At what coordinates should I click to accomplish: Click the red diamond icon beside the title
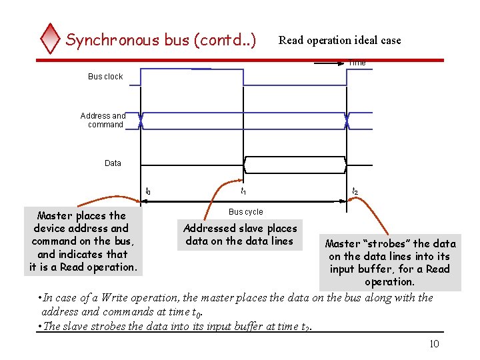click(50, 39)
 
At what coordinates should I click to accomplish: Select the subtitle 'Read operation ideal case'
click(339, 40)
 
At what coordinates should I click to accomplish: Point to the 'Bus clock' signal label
click(105, 77)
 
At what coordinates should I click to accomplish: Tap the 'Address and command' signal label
click(103, 120)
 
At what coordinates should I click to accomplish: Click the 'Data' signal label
click(113, 163)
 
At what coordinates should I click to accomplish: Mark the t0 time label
click(148, 192)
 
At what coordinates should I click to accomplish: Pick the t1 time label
click(243, 192)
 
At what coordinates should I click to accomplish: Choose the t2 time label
click(355, 192)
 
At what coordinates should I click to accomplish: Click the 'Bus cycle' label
click(245, 212)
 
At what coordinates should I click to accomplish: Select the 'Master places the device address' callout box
click(83, 241)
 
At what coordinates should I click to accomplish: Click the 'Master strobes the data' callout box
click(390, 263)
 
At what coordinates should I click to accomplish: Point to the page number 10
click(433, 343)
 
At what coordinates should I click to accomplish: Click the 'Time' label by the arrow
click(357, 63)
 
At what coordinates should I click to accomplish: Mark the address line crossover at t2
click(347, 120)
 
